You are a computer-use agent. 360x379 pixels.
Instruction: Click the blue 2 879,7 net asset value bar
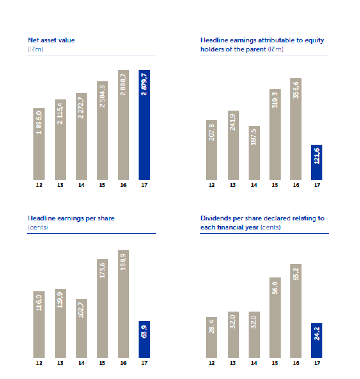pyautogui.click(x=144, y=125)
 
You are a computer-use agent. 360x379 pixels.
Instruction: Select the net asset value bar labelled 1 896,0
pyautogui.click(x=39, y=144)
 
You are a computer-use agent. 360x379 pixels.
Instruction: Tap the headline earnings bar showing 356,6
pyautogui.click(x=296, y=129)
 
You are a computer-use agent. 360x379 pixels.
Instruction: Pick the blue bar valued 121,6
pyautogui.click(x=317, y=162)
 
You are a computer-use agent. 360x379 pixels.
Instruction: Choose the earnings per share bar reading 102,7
pyautogui.click(x=81, y=328)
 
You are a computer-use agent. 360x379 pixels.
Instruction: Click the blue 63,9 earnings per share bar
pyautogui.click(x=144, y=339)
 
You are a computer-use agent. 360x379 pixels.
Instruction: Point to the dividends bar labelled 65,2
pyautogui.click(x=296, y=311)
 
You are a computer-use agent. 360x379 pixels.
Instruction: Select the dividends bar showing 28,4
pyautogui.click(x=212, y=337)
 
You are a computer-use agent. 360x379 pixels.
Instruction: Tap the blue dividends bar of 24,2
pyautogui.click(x=317, y=340)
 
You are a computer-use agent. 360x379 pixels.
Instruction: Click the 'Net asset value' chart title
pyautogui.click(x=51, y=40)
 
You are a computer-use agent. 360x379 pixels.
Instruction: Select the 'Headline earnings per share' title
pyautogui.click(x=71, y=218)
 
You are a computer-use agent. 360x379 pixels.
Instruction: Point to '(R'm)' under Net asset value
pyautogui.click(x=36, y=49)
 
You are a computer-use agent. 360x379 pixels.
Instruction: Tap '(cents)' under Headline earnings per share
pyautogui.click(x=38, y=227)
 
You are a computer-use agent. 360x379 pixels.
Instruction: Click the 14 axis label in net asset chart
pyautogui.click(x=81, y=185)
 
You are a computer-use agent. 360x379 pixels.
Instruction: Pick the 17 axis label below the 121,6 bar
pyautogui.click(x=317, y=185)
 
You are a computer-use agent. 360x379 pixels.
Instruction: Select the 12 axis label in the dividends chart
pyautogui.click(x=212, y=363)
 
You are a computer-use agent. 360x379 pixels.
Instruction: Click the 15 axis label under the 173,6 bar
pyautogui.click(x=102, y=363)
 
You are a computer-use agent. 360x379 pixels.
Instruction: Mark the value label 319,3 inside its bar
pyautogui.click(x=275, y=100)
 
